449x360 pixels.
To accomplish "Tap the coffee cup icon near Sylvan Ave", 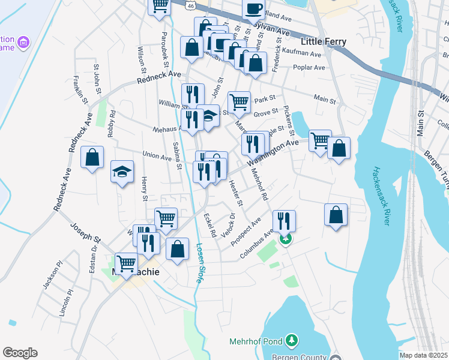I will tap(253, 9).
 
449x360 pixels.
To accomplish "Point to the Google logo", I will tap(20, 353).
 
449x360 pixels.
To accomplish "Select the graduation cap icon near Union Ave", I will tap(121, 172).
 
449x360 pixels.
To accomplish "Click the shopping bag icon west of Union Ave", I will tap(92, 158).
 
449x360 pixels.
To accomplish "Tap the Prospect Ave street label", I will tap(247, 230).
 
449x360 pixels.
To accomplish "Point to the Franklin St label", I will tap(76, 89).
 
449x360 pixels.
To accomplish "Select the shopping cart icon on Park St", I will tap(240, 101).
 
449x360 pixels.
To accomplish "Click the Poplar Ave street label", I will tap(309, 67).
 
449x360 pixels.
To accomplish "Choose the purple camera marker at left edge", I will tap(23, 42).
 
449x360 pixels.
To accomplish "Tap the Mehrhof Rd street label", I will tap(259, 183).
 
